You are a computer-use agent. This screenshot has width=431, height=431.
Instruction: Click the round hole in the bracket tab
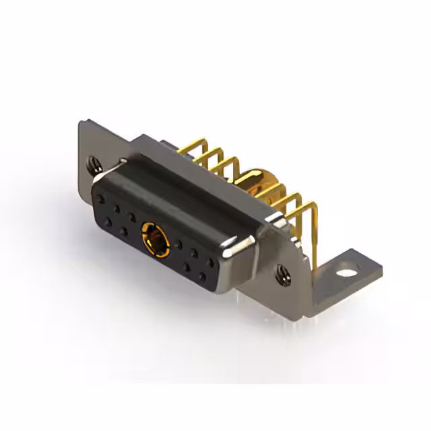click(346, 274)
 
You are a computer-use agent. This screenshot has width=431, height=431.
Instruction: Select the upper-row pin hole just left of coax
click(133, 216)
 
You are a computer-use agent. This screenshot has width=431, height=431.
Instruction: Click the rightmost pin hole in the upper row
click(211, 263)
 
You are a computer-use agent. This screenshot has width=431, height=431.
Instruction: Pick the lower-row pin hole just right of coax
click(186, 267)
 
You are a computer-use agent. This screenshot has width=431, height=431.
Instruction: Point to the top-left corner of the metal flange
click(80, 122)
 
